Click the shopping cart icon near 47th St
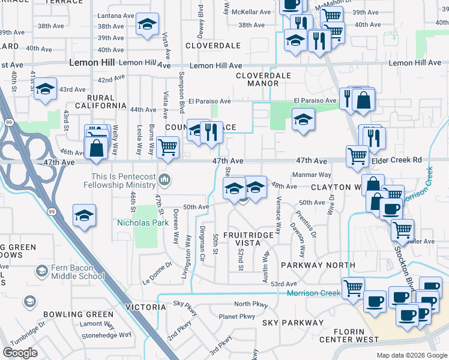pyautogui.click(x=167, y=146)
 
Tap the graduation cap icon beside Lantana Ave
pyautogui.click(x=147, y=25)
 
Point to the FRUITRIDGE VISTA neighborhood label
pyautogui.click(x=251, y=239)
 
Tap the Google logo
pyautogui.click(x=20, y=352)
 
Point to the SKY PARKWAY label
pyautogui.click(x=292, y=323)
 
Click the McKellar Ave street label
pyautogui.click(x=252, y=11)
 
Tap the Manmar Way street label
pyautogui.click(x=312, y=175)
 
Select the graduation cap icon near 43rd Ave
pyautogui.click(x=45, y=89)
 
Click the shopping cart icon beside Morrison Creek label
pyautogui.click(x=353, y=287)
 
